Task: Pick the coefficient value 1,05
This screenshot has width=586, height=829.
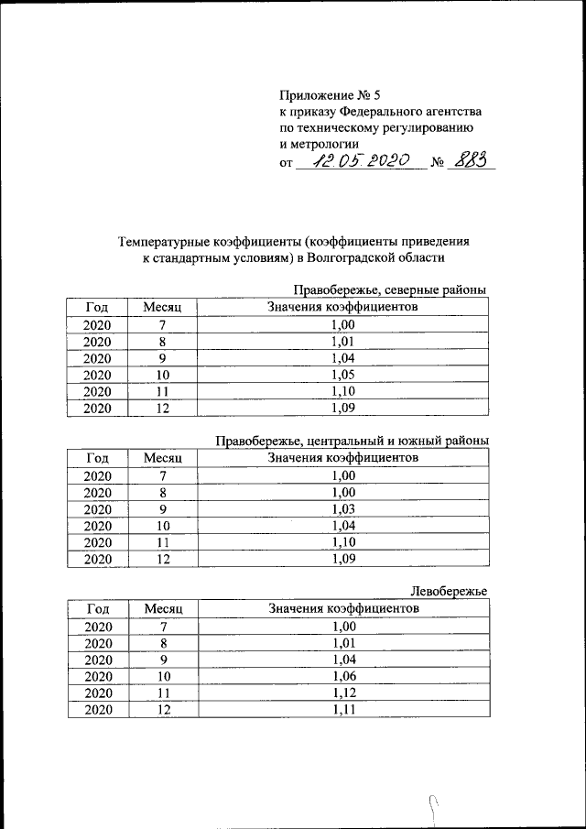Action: click(342, 374)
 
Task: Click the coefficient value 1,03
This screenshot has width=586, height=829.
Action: click(342, 508)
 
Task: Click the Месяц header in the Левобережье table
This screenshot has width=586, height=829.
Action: click(164, 608)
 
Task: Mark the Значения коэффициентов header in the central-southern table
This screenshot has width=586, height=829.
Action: click(342, 457)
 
